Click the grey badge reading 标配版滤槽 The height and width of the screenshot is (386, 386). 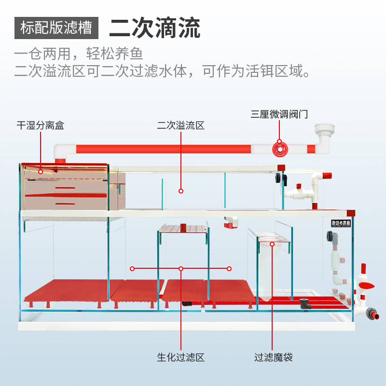[56, 28]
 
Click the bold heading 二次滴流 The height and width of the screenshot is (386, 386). [154, 28]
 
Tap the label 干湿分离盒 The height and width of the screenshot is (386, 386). [41, 126]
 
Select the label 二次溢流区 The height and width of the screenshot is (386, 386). [181, 126]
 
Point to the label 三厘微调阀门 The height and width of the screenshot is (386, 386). [279, 114]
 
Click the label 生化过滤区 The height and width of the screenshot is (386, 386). [181, 358]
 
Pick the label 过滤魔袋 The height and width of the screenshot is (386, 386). [274, 358]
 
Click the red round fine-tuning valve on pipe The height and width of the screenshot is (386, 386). [278, 149]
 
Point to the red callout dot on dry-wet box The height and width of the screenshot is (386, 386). [41, 171]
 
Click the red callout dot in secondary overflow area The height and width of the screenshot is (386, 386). [181, 191]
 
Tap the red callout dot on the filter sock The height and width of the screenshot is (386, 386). [273, 244]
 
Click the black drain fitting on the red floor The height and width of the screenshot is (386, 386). [304, 303]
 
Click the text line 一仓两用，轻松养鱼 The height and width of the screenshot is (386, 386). [79, 53]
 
